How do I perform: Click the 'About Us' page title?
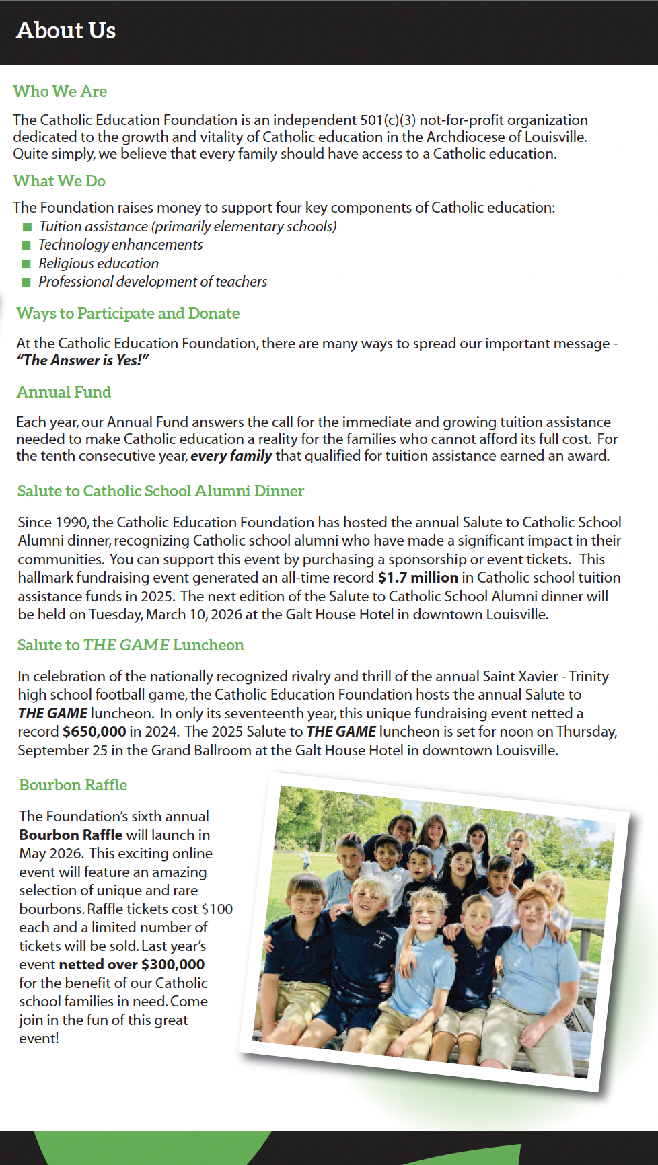point(66,30)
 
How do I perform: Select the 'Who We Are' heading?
point(60,91)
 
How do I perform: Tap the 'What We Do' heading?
point(59,181)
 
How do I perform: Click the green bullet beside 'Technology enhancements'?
point(26,246)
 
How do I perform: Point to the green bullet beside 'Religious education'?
point(26,264)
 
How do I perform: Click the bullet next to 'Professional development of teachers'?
point(26,282)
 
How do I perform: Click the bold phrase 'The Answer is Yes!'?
point(83,361)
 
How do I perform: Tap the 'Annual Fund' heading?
point(64,392)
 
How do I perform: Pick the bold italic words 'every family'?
point(231,456)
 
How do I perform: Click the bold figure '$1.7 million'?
point(418,578)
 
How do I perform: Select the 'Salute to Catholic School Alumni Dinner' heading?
point(161,491)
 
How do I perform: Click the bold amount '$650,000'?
point(94,732)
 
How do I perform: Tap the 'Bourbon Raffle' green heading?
point(73,785)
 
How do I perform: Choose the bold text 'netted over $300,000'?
point(131,965)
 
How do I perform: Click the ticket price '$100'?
point(217,909)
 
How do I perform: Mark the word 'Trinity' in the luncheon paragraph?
point(589,677)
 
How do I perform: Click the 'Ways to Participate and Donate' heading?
point(128,313)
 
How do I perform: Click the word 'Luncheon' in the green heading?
point(209,645)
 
